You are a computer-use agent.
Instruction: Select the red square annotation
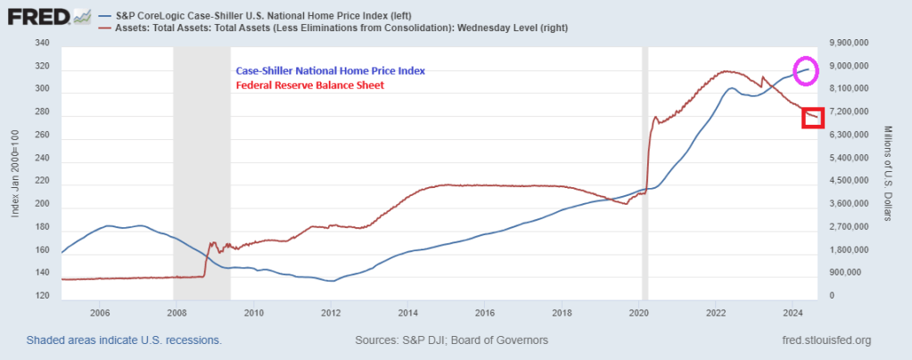(812, 118)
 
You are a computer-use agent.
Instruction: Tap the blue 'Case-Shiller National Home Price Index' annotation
(331, 72)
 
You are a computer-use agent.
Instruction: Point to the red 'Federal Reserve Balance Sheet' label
(308, 86)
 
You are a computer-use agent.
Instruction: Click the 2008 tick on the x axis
(177, 313)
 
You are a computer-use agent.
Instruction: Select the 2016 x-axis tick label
(484, 313)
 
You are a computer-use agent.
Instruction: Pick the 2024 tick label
(793, 313)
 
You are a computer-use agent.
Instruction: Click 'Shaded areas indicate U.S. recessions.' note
(124, 341)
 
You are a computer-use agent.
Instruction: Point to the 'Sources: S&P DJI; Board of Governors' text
(451, 341)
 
